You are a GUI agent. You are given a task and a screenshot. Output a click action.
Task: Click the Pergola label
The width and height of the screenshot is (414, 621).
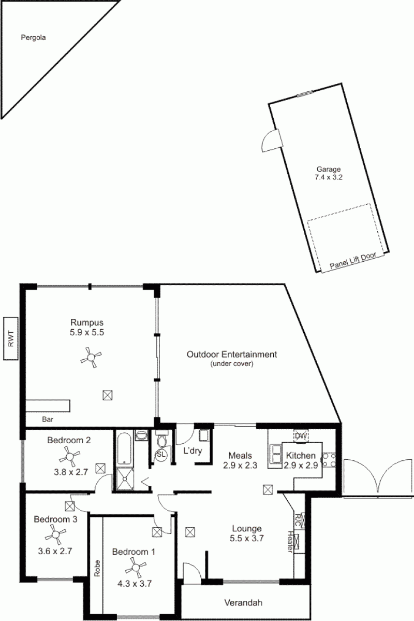pos(33,38)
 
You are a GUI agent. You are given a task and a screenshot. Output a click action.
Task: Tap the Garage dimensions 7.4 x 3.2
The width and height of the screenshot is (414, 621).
pos(328,177)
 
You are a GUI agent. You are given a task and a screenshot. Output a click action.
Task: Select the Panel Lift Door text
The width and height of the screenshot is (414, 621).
pos(353,261)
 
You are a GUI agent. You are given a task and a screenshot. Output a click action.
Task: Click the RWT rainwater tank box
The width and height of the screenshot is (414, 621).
pos(11,338)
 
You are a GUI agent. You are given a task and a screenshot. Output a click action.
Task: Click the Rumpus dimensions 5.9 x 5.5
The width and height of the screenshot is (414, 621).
pos(86,333)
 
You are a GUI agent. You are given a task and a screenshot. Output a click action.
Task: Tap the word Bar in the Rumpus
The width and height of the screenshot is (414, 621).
pos(48,419)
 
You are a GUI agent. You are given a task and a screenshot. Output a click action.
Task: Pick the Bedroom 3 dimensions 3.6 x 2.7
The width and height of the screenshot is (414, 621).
pos(55,551)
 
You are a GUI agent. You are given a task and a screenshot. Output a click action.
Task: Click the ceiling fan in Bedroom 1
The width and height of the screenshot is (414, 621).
pos(136,569)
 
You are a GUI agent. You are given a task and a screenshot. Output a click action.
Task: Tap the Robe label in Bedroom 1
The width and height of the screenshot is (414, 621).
pos(97,568)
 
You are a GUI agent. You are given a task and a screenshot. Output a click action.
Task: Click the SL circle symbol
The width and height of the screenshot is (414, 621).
pos(161,454)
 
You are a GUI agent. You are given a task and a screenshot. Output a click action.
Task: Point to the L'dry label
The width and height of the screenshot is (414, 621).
pos(193,450)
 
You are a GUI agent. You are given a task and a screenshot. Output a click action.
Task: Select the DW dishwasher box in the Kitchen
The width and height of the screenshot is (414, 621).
pos(301,436)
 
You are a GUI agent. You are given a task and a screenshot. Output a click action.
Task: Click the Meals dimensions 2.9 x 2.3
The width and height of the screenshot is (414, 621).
pos(240,465)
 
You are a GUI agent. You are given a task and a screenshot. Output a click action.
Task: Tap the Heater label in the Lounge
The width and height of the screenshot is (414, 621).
pos(290,542)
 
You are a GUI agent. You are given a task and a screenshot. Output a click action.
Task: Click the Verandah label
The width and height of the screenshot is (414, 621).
pos(243,603)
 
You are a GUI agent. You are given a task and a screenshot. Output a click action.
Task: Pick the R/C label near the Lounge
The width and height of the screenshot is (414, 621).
pos(298,519)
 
